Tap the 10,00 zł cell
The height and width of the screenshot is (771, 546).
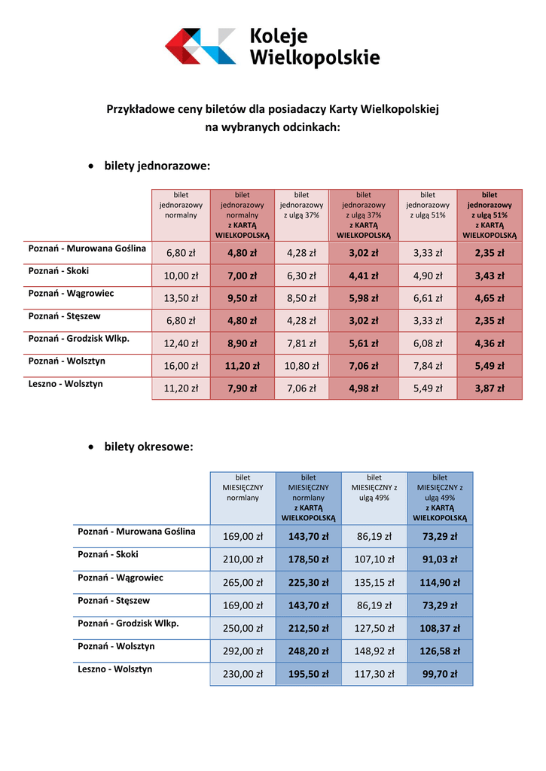(181, 276)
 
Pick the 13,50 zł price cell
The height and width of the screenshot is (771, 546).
(181, 298)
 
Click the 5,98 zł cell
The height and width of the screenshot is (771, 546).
(363, 298)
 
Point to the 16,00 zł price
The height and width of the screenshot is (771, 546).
(181, 366)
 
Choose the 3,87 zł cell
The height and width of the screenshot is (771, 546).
(489, 389)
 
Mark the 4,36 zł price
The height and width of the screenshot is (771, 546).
(489, 343)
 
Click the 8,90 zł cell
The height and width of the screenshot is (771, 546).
(242, 343)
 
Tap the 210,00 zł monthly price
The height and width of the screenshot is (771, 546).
(242, 559)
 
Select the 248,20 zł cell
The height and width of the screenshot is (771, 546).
(308, 651)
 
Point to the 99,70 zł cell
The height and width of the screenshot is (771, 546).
(440, 674)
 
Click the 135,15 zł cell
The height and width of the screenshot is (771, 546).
(374, 582)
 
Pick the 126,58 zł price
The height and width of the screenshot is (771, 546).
(440, 651)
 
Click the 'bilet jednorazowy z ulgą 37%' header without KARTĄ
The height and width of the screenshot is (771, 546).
(301, 205)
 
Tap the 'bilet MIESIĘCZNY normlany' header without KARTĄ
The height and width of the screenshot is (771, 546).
(242, 487)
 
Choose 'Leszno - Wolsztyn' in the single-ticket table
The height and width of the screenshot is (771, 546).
(66, 384)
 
